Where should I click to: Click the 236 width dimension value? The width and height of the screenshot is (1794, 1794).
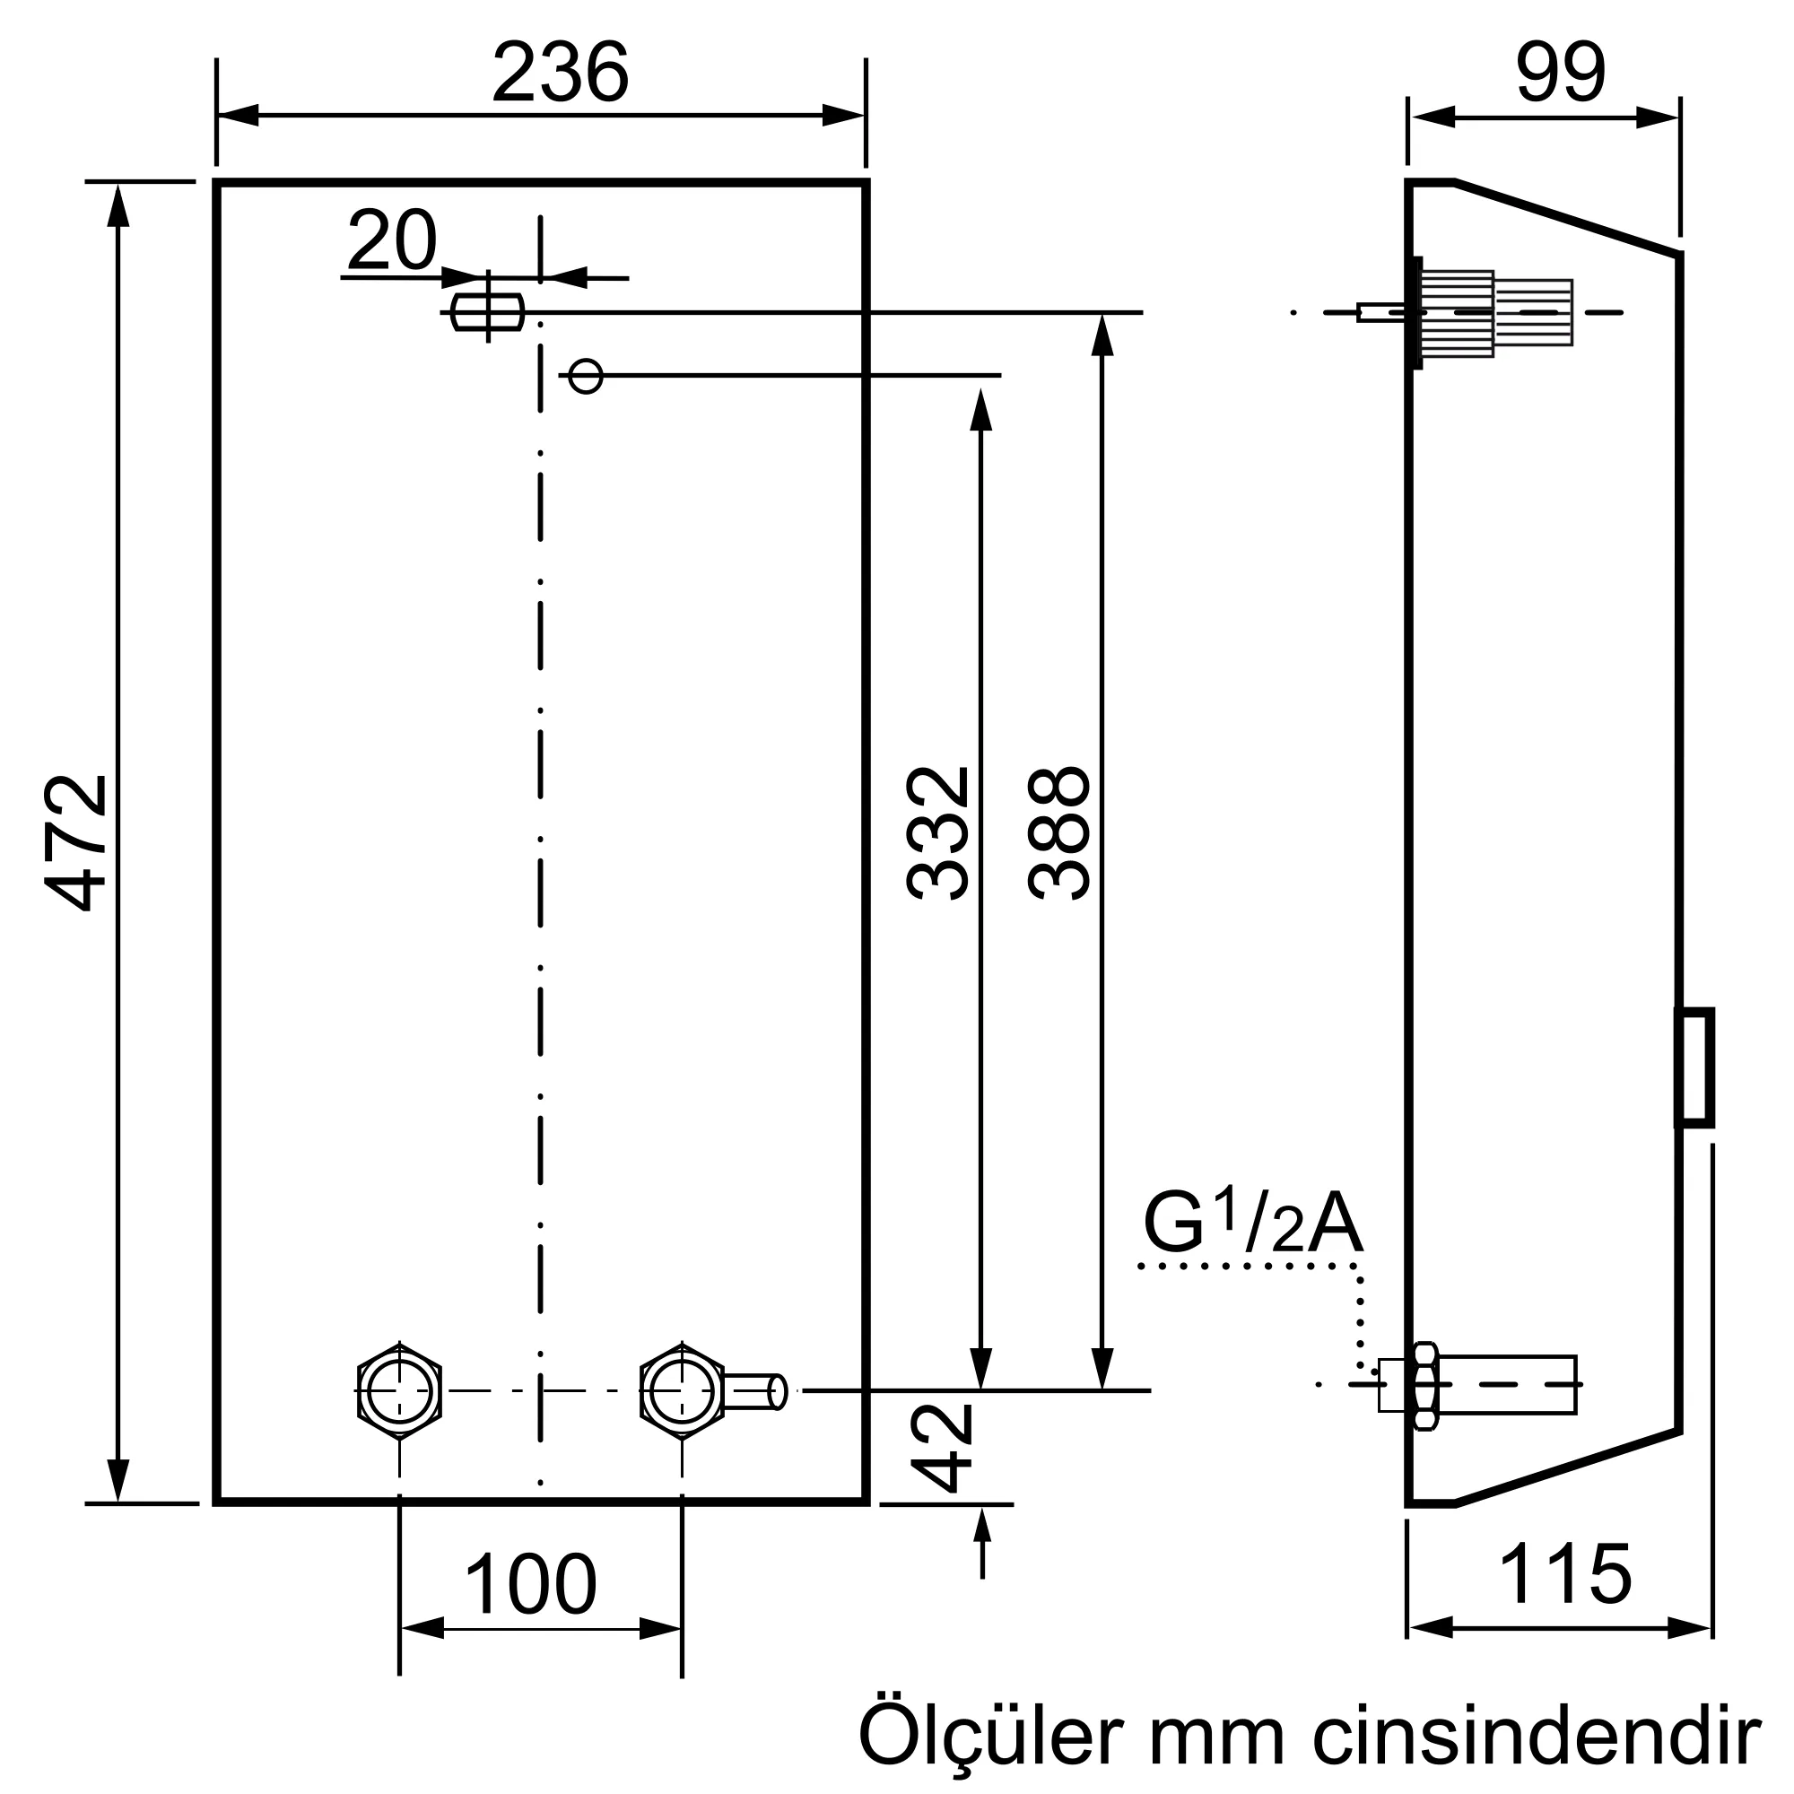tap(560, 73)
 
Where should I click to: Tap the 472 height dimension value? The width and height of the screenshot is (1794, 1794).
tap(78, 842)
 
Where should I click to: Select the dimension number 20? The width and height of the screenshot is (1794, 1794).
tap(392, 240)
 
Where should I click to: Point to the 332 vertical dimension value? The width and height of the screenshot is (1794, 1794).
tap(938, 833)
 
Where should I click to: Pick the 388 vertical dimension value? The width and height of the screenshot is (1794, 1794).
tap(1059, 833)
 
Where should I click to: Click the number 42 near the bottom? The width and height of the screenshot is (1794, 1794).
tap(941, 1448)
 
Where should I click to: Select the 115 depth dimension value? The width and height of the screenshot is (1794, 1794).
tap(1565, 1574)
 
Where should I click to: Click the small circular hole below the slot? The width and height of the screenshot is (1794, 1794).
tap(585, 376)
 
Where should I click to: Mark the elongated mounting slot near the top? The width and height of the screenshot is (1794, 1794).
tap(487, 312)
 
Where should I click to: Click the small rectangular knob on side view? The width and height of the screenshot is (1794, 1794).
tap(1694, 1067)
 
